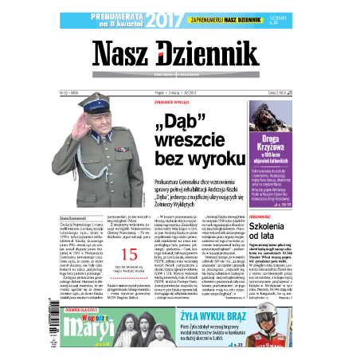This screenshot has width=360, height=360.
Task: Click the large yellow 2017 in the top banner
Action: tap(164, 18)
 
